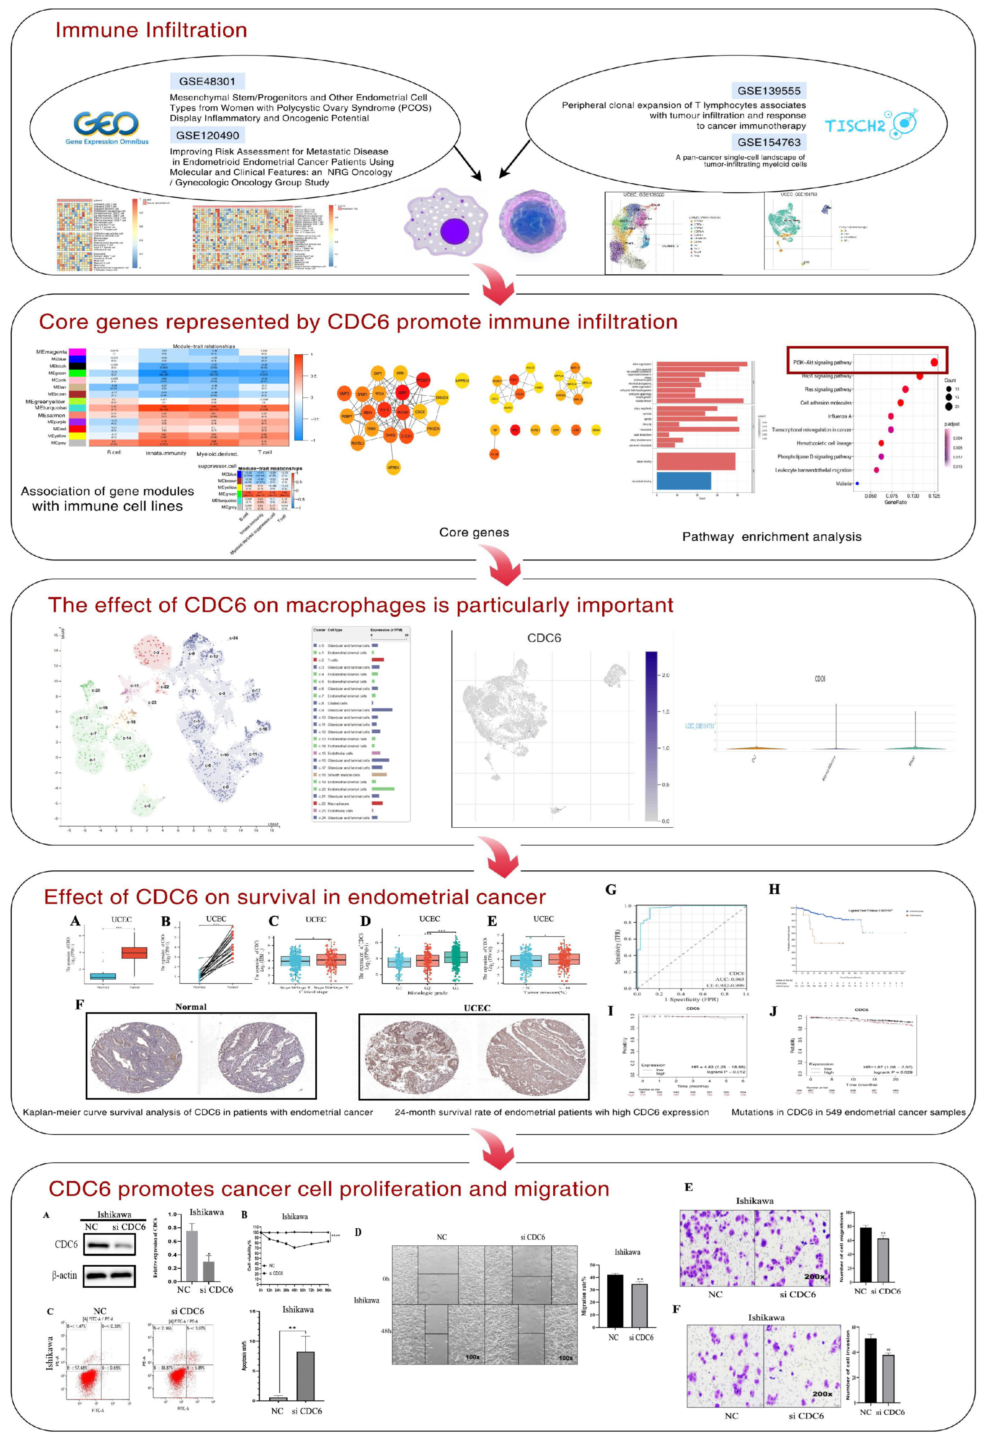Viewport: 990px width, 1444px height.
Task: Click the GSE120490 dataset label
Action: click(x=207, y=135)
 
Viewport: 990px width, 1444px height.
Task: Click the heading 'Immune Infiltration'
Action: click(x=151, y=30)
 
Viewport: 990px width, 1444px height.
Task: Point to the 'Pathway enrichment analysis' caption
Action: click(x=771, y=537)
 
